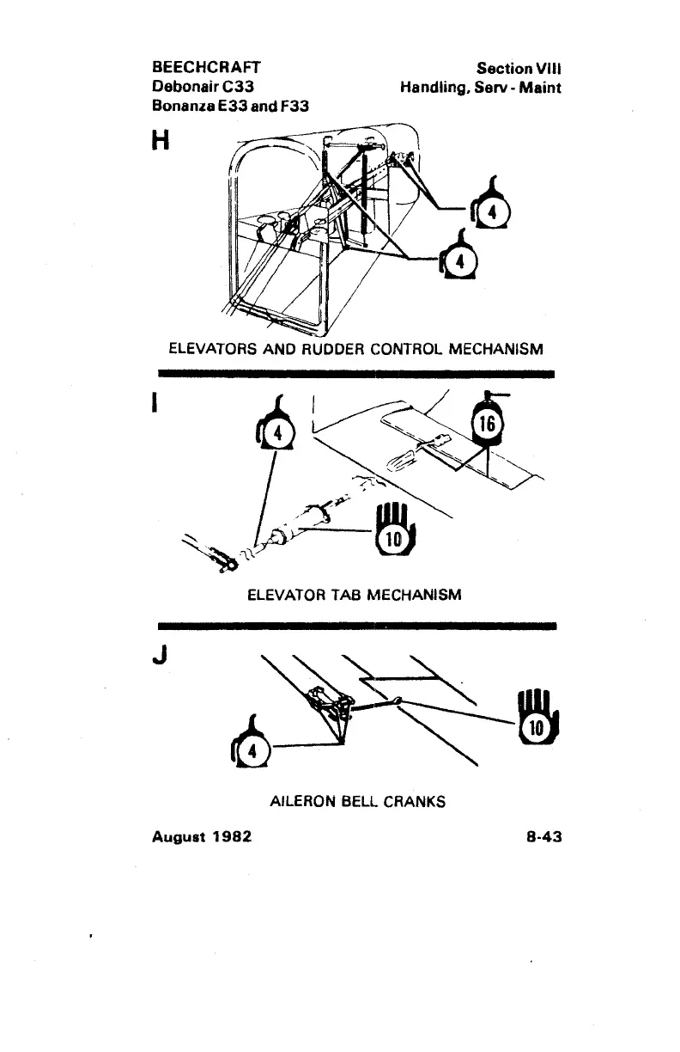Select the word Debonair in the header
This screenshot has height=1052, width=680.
[x=183, y=87]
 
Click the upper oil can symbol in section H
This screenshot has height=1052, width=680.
[x=491, y=209]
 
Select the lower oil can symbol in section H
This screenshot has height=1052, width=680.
[x=456, y=259]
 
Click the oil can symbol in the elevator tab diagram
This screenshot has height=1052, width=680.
[x=274, y=429]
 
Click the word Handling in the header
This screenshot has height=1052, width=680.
[x=434, y=87]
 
